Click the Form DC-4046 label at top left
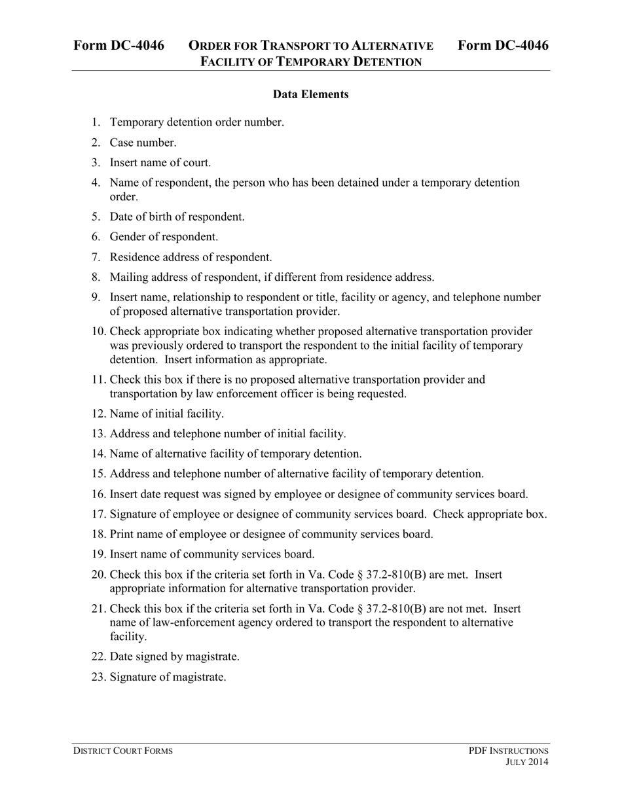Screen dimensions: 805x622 click(x=119, y=45)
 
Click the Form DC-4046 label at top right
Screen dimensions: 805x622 click(x=503, y=45)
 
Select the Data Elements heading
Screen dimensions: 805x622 click(x=310, y=94)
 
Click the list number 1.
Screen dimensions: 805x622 click(x=96, y=122)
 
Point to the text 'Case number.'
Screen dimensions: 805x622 click(x=143, y=143)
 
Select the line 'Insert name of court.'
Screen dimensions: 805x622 click(x=160, y=163)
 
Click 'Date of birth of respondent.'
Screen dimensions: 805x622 click(x=177, y=217)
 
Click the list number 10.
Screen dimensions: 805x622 click(x=98, y=332)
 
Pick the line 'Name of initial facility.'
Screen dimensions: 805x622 click(x=166, y=414)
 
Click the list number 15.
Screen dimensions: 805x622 click(x=98, y=474)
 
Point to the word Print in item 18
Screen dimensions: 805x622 click(x=122, y=534)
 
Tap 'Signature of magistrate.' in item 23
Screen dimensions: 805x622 click(x=168, y=677)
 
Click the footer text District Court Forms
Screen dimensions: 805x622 click(x=122, y=751)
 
